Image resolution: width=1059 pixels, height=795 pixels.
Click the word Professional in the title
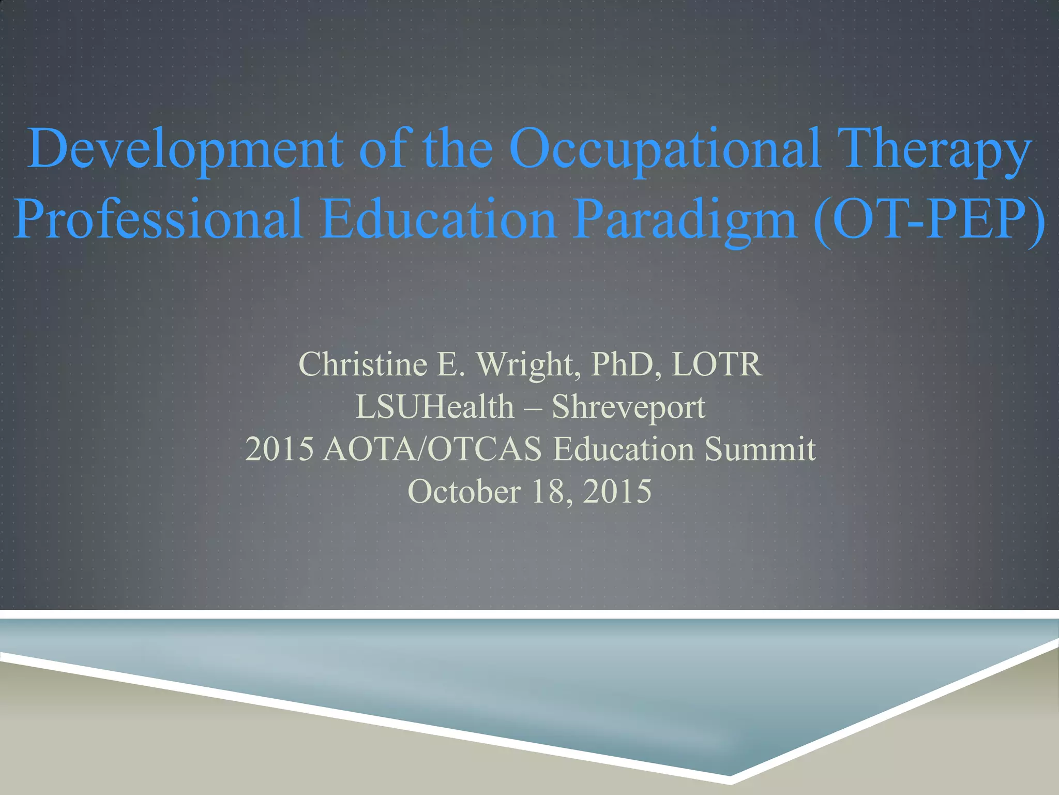(158, 220)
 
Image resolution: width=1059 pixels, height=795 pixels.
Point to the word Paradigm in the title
(686, 220)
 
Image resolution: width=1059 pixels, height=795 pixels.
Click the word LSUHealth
(434, 407)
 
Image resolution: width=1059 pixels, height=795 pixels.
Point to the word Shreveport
(628, 408)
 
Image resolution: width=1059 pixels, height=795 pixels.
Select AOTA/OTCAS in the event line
(432, 449)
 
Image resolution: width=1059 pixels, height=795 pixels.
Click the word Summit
(760, 449)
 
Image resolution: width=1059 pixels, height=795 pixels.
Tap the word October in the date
(464, 492)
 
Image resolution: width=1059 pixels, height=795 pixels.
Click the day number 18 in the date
(549, 492)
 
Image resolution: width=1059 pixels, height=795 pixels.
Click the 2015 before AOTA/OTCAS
(279, 449)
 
